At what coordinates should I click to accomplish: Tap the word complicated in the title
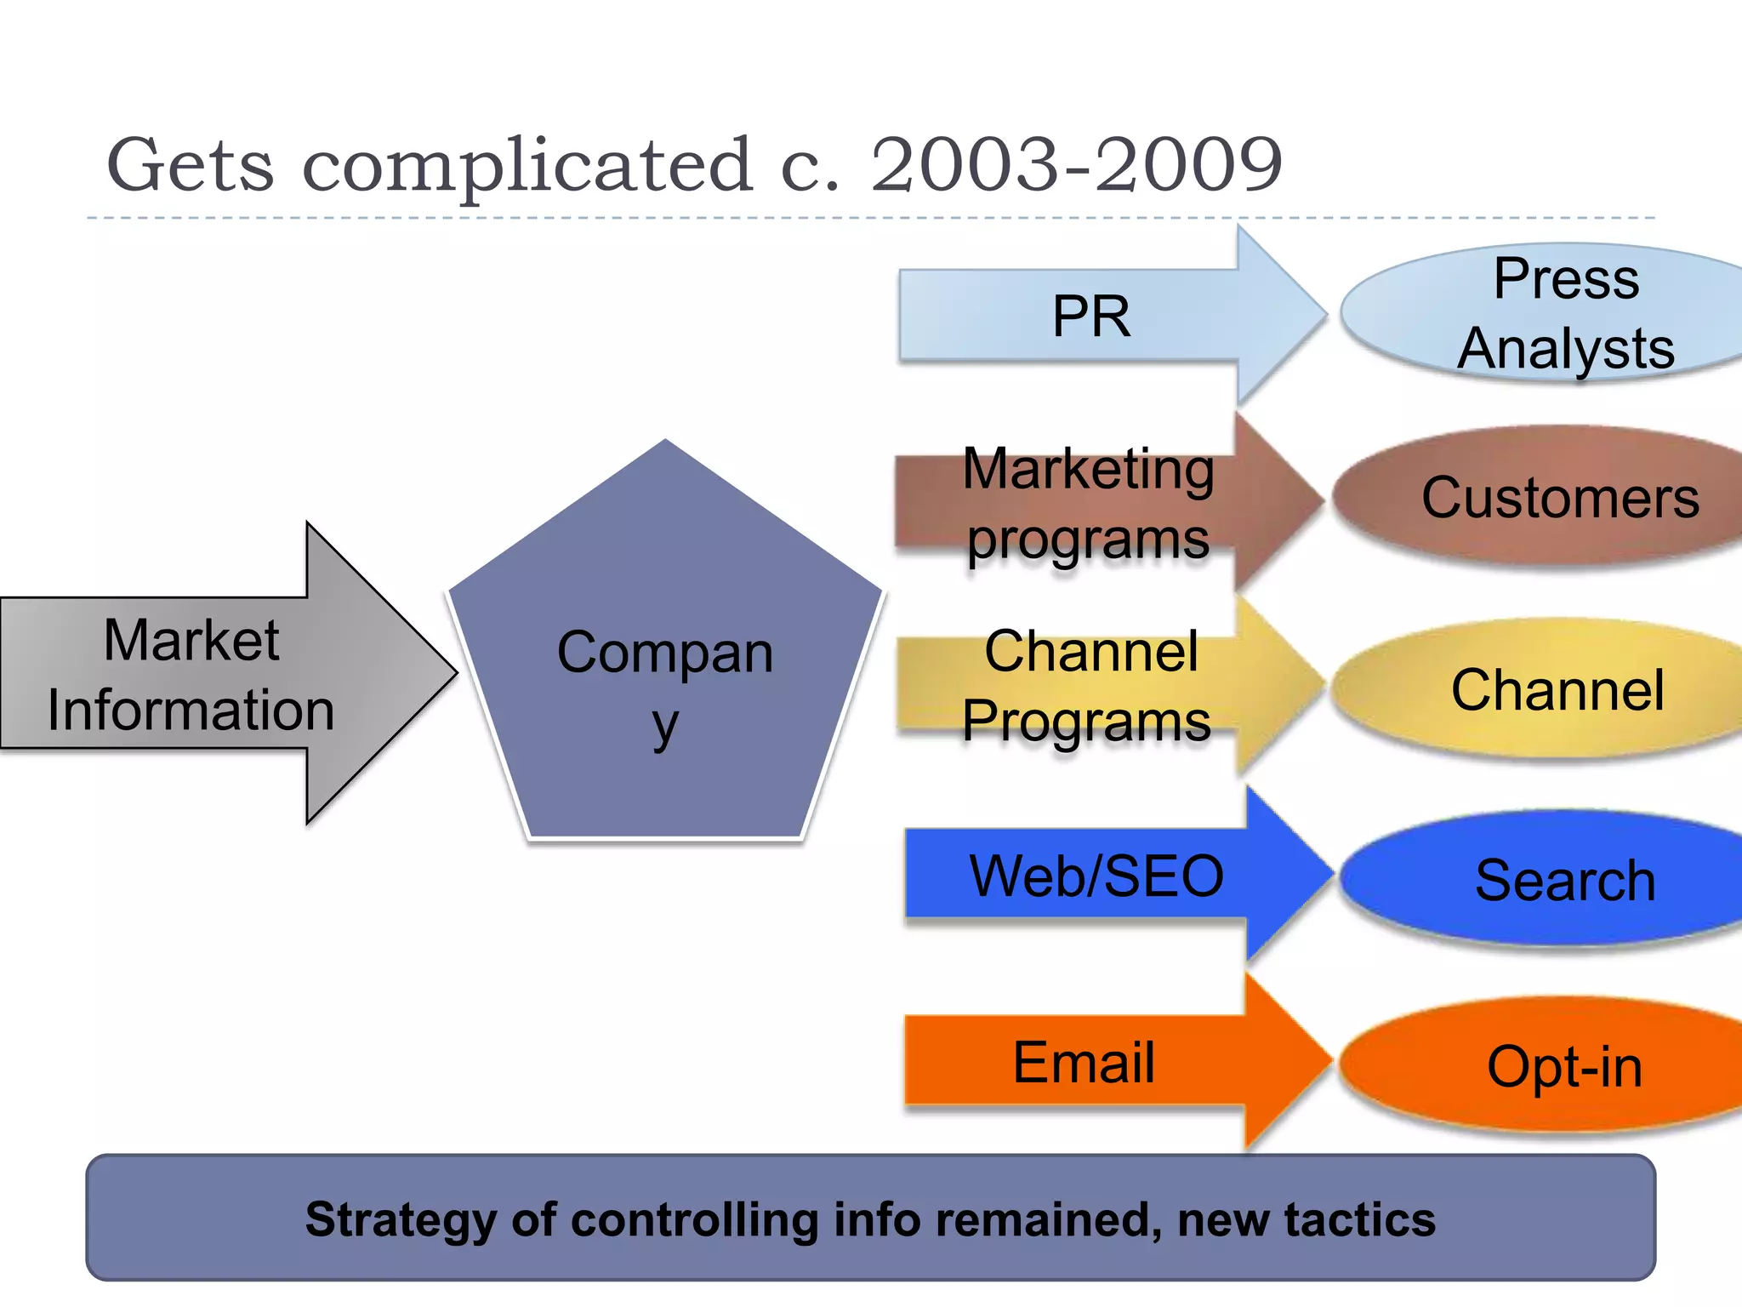[x=527, y=166]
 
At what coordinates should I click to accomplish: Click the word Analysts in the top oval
[x=1566, y=349]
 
